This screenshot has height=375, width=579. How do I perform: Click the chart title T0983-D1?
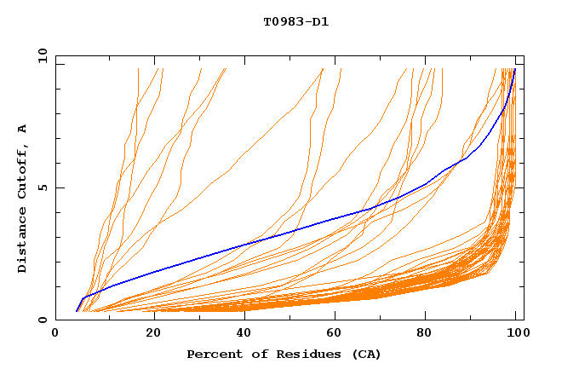coord(295,22)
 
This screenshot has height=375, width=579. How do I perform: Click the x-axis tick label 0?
coord(55,334)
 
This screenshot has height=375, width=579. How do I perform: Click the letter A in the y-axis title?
coord(23,129)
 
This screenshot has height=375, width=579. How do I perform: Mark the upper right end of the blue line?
coord(514,69)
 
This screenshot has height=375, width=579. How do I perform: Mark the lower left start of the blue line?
coord(77,311)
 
